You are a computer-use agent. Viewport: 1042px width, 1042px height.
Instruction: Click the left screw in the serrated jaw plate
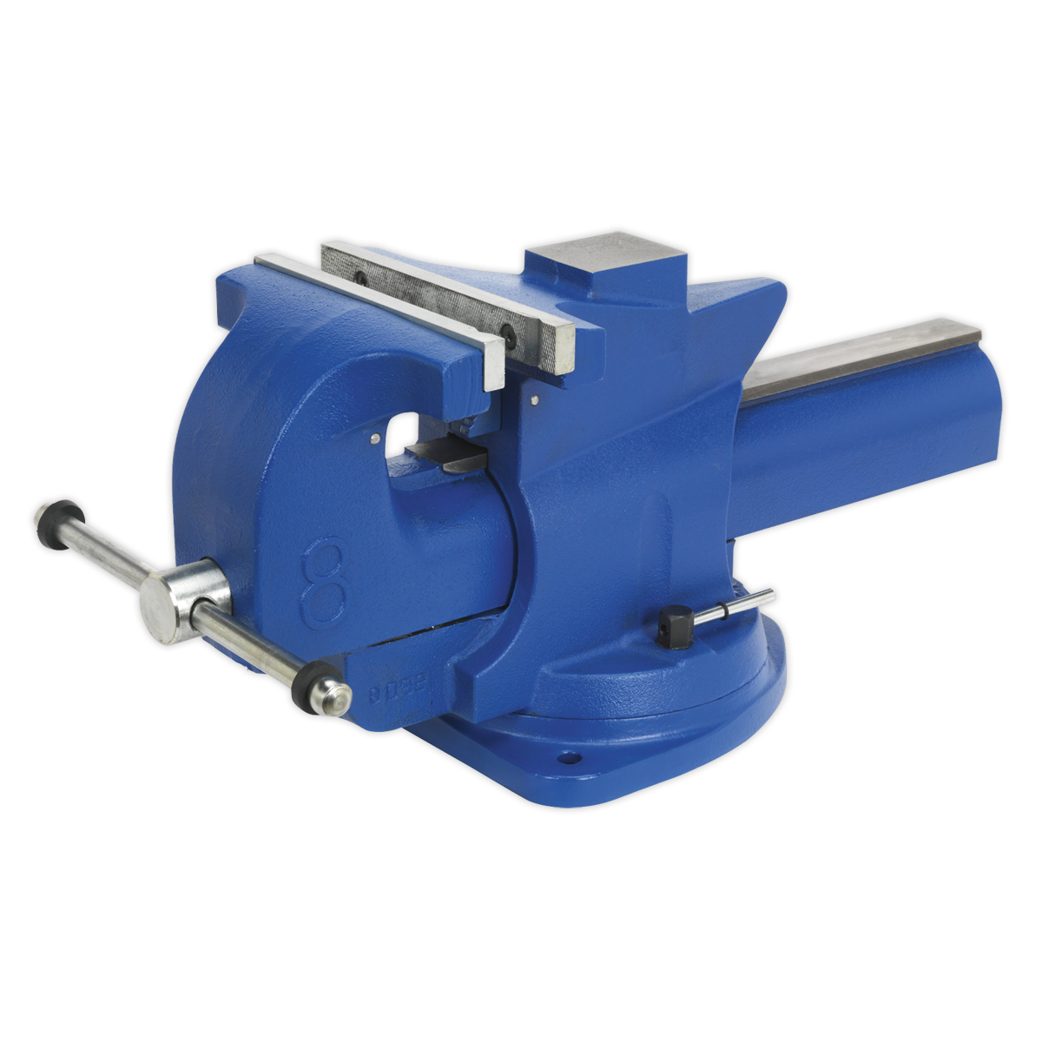coord(359,279)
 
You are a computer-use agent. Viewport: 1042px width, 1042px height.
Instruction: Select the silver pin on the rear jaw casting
coord(533,400)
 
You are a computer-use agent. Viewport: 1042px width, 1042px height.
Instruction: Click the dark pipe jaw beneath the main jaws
coord(452,455)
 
